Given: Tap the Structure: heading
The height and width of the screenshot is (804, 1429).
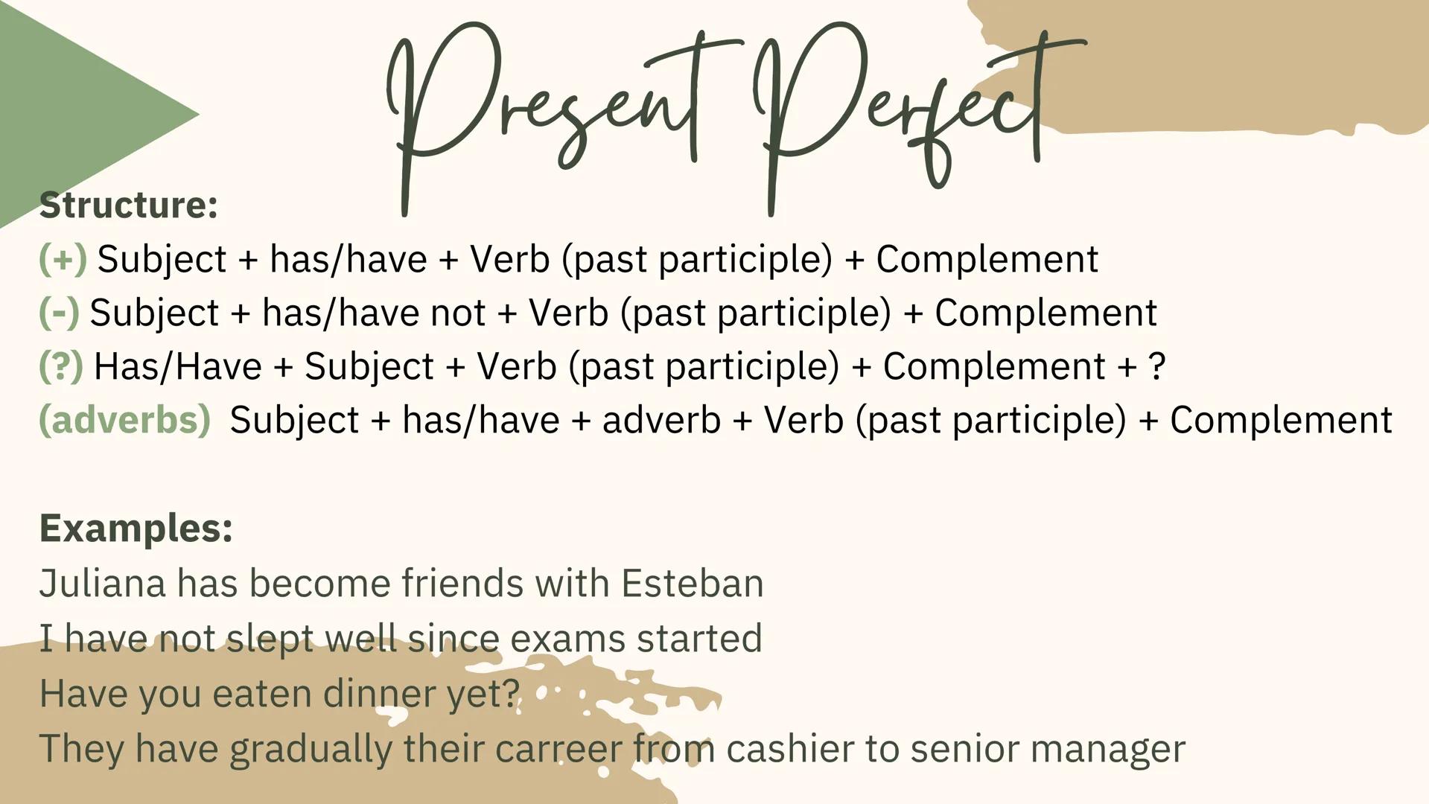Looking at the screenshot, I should (x=128, y=205).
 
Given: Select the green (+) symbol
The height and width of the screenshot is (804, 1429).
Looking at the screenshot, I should (x=63, y=259).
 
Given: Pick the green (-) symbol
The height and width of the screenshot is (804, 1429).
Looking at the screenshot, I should (x=59, y=313).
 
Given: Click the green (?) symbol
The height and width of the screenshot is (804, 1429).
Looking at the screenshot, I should (x=61, y=366).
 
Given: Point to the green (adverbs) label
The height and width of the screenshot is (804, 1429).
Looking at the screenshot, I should (x=124, y=420).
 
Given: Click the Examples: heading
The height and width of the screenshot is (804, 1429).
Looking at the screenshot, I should (x=136, y=529).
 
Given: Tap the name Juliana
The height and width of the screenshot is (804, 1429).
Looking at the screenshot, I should (x=102, y=583).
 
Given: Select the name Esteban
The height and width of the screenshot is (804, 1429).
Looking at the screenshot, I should (x=693, y=583).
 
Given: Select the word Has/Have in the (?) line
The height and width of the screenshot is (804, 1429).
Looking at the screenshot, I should (x=178, y=366).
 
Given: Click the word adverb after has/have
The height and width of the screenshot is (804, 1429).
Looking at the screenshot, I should (x=661, y=420).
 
